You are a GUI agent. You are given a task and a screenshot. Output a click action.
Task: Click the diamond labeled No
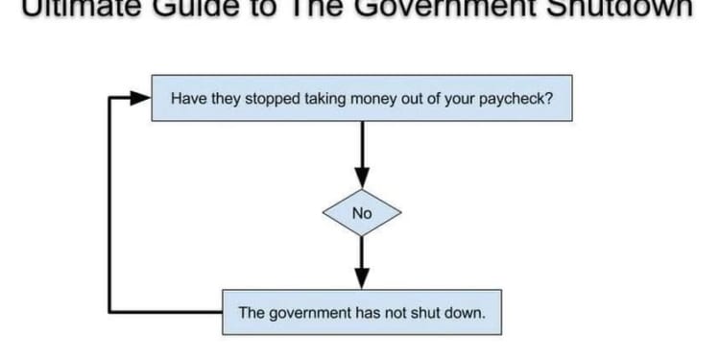click(361, 213)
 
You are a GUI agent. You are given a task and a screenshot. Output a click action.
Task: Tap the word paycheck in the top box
click(518, 97)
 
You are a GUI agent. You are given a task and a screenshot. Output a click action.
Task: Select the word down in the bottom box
click(465, 312)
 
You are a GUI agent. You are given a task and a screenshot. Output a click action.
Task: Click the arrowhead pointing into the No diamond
click(361, 180)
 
